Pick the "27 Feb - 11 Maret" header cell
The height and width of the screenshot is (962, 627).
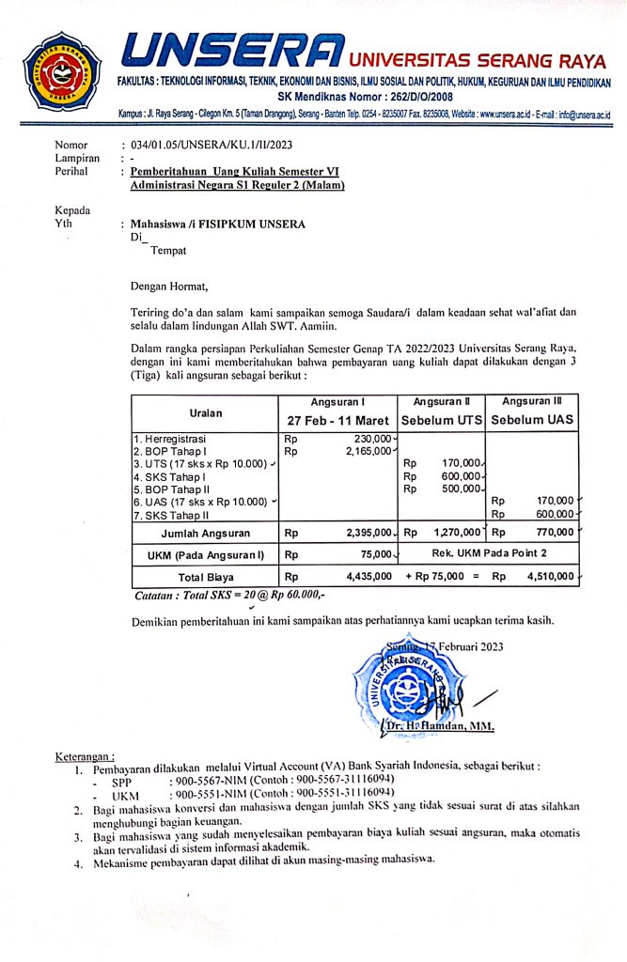[336, 419]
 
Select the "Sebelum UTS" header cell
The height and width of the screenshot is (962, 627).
[442, 419]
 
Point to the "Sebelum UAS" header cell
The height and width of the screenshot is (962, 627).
[533, 419]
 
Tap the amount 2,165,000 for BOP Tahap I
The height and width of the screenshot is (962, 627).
[368, 451]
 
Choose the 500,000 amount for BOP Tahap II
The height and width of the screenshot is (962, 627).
[461, 488]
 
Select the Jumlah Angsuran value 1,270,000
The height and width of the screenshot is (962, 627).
[460, 534]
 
